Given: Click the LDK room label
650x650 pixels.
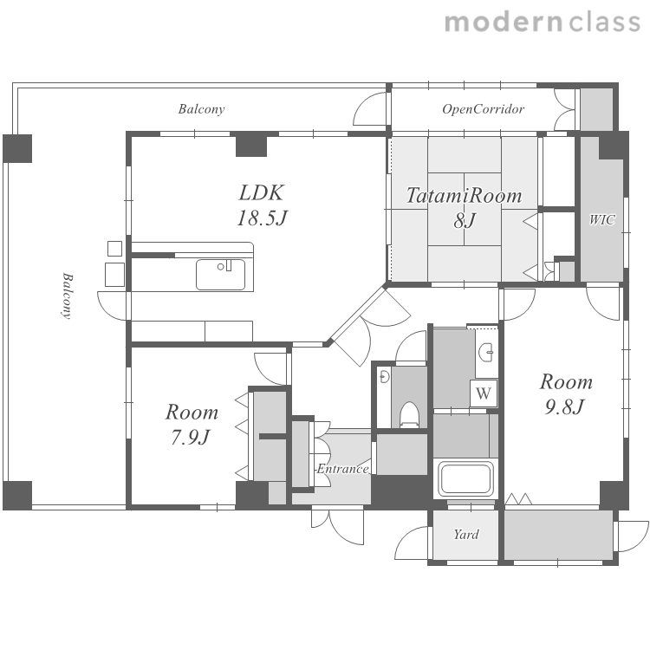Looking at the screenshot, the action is pyautogui.click(x=262, y=192).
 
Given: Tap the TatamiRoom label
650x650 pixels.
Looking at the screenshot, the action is pyautogui.click(x=464, y=195).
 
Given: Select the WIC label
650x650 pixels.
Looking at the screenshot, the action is pyautogui.click(x=602, y=219).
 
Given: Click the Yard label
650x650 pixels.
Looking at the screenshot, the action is pyautogui.click(x=466, y=535).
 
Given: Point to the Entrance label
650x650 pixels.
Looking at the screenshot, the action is pyautogui.click(x=342, y=469).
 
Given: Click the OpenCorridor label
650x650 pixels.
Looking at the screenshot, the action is pyautogui.click(x=483, y=109).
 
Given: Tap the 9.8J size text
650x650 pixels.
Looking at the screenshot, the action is pyautogui.click(x=564, y=407).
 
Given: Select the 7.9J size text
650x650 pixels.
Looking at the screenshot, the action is pyautogui.click(x=191, y=437).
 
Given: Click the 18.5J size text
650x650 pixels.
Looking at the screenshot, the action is pyautogui.click(x=262, y=218).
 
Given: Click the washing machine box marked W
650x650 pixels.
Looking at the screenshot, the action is pyautogui.click(x=484, y=393).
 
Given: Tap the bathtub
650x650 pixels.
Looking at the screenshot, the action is pyautogui.click(x=465, y=478).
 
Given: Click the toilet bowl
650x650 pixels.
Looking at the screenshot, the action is pyautogui.click(x=410, y=414).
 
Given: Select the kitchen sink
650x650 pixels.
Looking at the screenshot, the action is pyautogui.click(x=220, y=275).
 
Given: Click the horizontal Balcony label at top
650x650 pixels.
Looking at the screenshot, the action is pyautogui.click(x=201, y=109).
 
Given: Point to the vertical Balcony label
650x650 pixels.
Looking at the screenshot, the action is pyautogui.click(x=67, y=296).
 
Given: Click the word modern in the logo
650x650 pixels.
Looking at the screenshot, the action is pyautogui.click(x=504, y=23).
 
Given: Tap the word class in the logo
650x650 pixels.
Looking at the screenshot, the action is pyautogui.click(x=605, y=23).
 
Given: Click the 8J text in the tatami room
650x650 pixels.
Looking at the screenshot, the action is pyautogui.click(x=465, y=220).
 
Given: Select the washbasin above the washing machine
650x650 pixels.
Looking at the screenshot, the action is pyautogui.click(x=485, y=353).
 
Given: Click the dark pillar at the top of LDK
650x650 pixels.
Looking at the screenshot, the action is pyautogui.click(x=251, y=145).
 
